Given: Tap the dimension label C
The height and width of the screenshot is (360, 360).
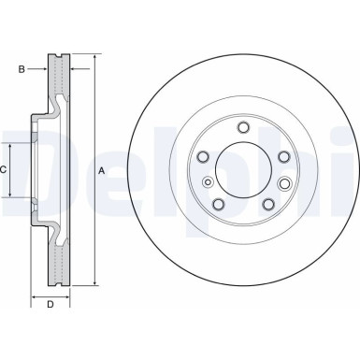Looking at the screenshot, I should pos(5,170).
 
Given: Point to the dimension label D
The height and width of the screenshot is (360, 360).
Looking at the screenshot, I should pos(51,305).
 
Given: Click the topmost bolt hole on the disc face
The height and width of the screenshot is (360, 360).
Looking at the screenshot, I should pos(243,127).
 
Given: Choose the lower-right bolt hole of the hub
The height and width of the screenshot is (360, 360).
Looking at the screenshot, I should pos(268,204).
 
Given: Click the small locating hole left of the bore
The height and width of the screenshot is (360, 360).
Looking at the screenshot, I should pos(208,180).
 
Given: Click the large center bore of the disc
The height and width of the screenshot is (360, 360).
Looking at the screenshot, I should pos(243,169).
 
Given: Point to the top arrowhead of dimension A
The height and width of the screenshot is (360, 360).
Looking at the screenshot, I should pos(95,58).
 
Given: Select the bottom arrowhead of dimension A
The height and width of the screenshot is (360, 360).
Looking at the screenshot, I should pos(95,283).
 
